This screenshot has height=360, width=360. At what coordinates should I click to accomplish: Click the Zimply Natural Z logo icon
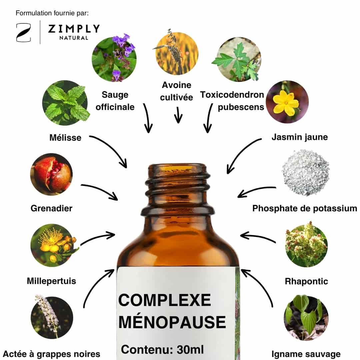pos(23,33)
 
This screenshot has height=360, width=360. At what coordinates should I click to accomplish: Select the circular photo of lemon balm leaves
pos(66,103)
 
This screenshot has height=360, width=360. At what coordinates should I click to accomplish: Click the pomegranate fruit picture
pos(51,174)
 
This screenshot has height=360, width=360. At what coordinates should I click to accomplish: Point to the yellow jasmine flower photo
pos(287,102)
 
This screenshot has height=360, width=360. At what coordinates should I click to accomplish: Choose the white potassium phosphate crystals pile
pos(306,172)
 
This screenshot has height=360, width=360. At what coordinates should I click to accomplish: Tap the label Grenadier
pos(51,208)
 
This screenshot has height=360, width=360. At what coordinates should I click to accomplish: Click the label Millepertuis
pos(51,281)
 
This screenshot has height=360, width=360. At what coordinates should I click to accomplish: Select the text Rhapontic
pos(306,281)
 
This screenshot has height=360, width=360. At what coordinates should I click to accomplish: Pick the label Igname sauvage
pos(306,354)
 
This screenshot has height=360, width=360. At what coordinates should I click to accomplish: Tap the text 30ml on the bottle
pos(190,350)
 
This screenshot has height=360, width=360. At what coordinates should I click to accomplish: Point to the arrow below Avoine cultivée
pos(178,115)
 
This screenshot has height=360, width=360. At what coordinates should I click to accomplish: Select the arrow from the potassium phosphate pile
pos(256,191)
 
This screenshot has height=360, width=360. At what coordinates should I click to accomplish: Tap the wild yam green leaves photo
pos(306,318)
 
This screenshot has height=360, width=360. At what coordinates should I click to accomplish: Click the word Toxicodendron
pos(232,95)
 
